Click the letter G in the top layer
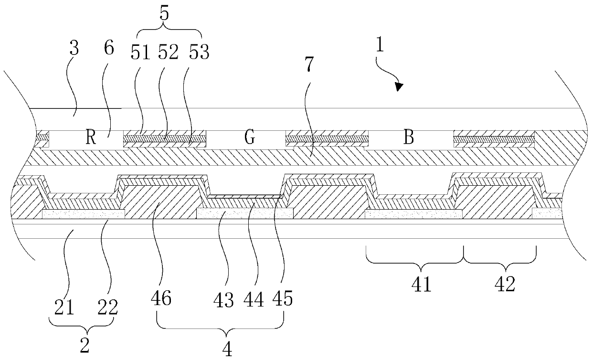point(249,138)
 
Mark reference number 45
point(283,299)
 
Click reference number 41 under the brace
point(422,285)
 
